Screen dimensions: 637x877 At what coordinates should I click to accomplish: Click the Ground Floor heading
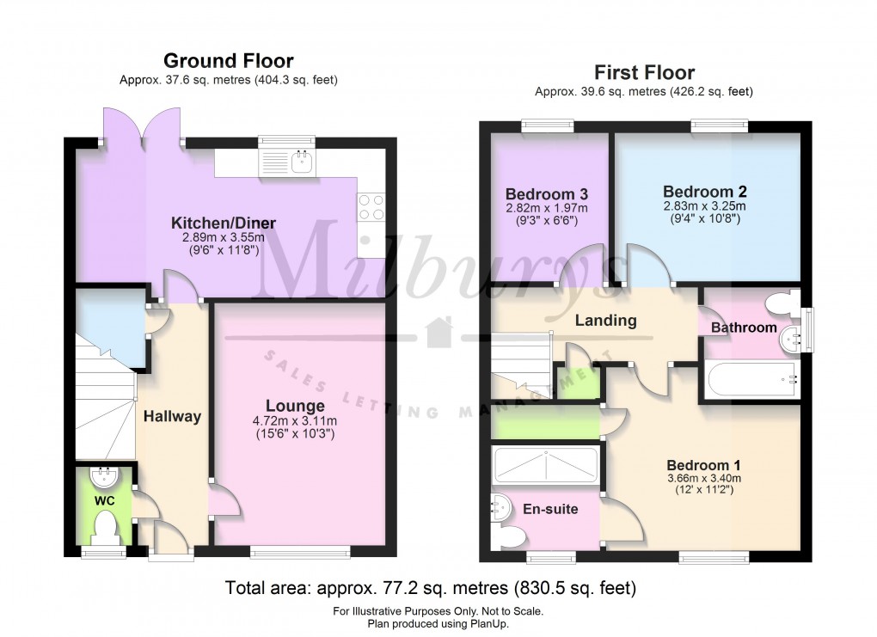(228, 60)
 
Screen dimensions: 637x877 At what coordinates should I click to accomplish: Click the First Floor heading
(644, 72)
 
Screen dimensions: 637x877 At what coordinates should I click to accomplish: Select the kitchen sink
(302, 161)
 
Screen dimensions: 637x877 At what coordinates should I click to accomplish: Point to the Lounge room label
(296, 406)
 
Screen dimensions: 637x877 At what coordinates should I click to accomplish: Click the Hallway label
(172, 416)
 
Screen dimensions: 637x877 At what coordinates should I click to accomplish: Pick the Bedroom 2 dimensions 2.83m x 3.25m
(704, 205)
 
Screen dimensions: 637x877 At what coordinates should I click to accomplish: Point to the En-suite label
(550, 509)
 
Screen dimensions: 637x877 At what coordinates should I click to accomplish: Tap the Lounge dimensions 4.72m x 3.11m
(296, 421)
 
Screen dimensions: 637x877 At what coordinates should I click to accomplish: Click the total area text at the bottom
(430, 589)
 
